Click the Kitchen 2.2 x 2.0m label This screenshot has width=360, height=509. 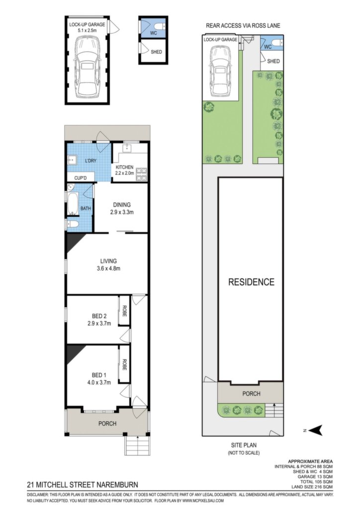pyautogui.click(x=125, y=170)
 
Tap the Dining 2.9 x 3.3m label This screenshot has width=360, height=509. pyautogui.click(x=122, y=208)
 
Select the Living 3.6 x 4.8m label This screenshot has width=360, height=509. pyautogui.click(x=108, y=264)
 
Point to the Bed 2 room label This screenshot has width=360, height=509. pyautogui.click(x=99, y=320)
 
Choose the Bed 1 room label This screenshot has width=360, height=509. pyautogui.click(x=99, y=379)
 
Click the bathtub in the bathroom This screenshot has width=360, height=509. pyautogui.click(x=73, y=204)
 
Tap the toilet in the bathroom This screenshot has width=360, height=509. pyautogui.click(x=72, y=224)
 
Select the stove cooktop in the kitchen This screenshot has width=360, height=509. pyautogui.click(x=141, y=173)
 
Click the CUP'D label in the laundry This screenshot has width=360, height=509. pyautogui.click(x=81, y=178)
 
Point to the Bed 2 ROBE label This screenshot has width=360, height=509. pyautogui.click(x=124, y=311)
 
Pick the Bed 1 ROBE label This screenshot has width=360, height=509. pyautogui.click(x=124, y=364)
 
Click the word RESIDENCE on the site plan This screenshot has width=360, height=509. pyautogui.click(x=251, y=282)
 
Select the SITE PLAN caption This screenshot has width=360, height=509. pyautogui.click(x=244, y=445)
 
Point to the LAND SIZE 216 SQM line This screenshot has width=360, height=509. pyautogui.click(x=312, y=487)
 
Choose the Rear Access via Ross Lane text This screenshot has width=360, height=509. pyautogui.click(x=243, y=26)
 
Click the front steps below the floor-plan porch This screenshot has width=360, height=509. pyautogui.click(x=138, y=445)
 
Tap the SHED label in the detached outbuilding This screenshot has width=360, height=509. pyautogui.click(x=156, y=52)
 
